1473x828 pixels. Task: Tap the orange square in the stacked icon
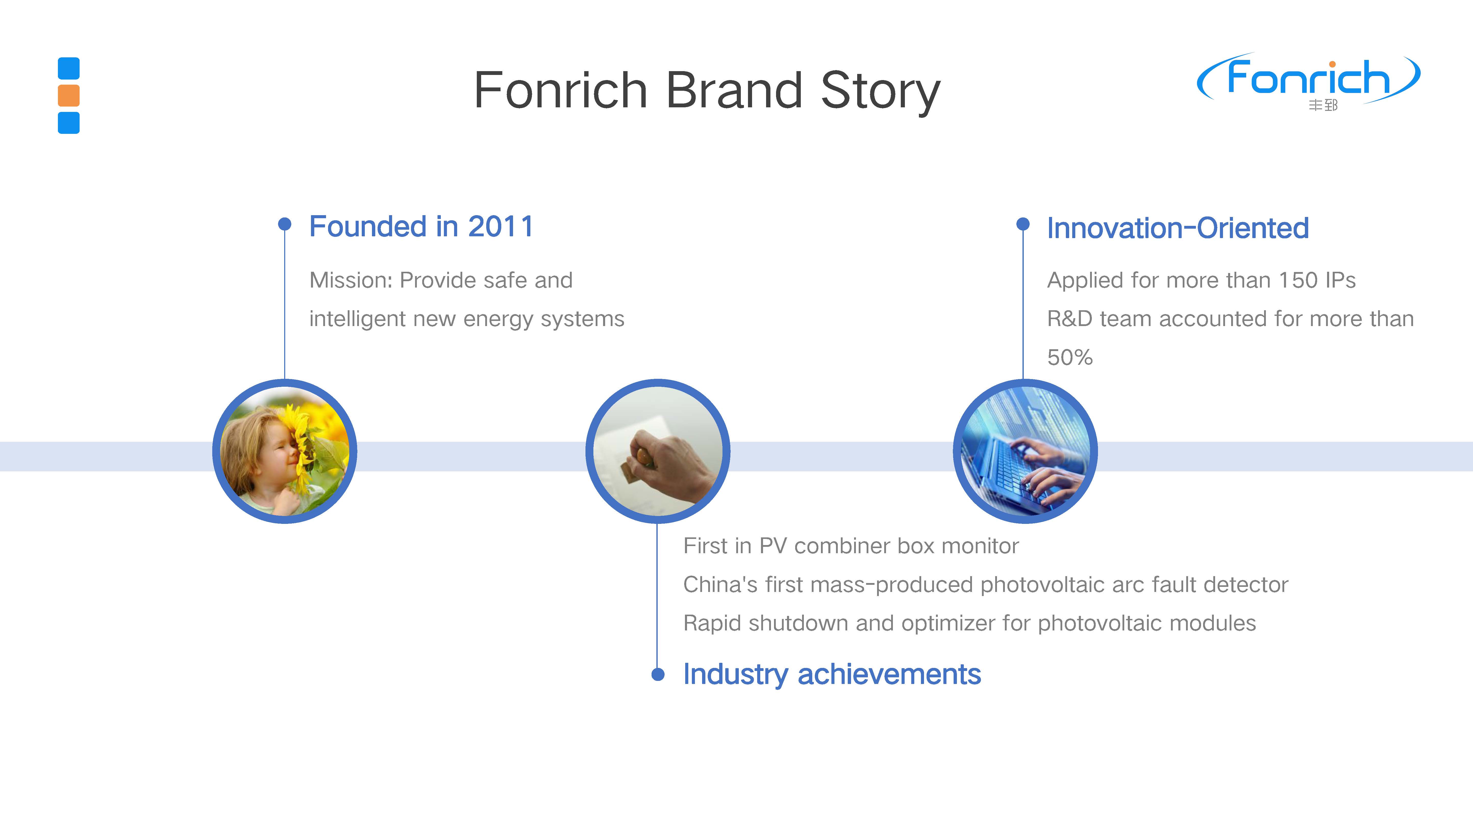[x=69, y=95]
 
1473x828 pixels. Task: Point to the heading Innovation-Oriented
[x=1178, y=228]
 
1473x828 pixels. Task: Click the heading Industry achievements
[x=832, y=674]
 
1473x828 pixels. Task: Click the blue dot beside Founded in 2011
[x=284, y=224]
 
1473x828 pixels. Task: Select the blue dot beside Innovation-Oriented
[x=1023, y=224]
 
